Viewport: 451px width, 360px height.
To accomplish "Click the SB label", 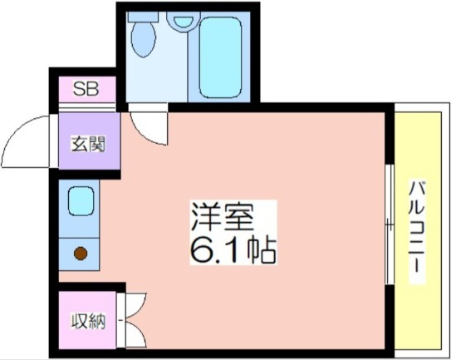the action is point(86,88).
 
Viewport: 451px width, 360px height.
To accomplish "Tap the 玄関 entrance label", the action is point(89,144).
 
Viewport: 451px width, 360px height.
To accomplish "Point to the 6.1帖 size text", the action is point(233,249).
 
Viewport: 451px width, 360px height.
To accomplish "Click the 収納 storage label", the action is point(89,321).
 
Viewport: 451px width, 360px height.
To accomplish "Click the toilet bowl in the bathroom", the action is point(143,38).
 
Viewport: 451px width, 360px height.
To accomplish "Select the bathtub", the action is point(220,57).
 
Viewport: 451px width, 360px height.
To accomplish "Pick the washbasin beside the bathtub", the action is point(184,21).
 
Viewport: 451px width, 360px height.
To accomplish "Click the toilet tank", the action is point(143,17).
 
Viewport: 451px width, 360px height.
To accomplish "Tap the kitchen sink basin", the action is point(81,200).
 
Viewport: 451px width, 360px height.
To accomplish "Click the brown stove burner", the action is point(81,254).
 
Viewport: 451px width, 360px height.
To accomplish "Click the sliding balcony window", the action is point(390,224).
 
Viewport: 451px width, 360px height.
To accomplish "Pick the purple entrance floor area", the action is point(89,141).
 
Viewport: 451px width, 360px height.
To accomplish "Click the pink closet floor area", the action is point(88,320).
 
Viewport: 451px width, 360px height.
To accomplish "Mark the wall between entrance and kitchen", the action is point(86,175).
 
